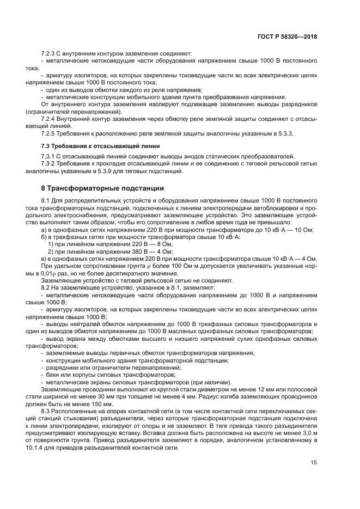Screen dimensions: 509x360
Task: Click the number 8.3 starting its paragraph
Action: [x=46, y=412]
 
